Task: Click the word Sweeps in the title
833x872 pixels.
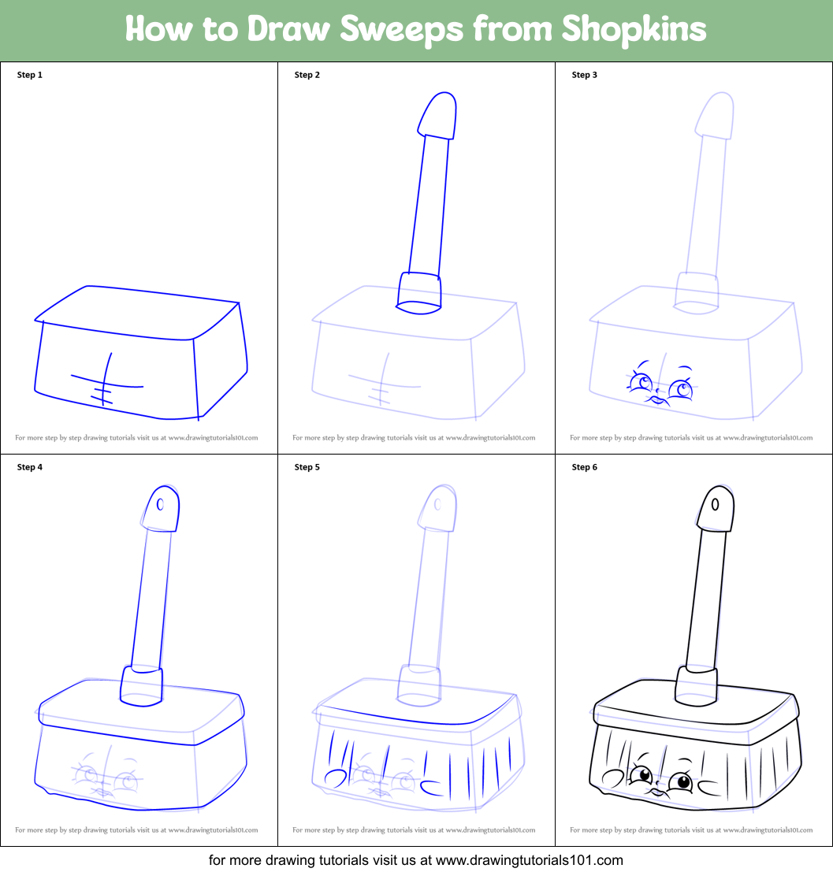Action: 401,30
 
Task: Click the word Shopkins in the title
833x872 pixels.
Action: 634,30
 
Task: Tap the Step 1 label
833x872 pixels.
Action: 30,76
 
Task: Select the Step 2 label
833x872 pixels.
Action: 307,76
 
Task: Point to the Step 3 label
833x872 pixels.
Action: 585,76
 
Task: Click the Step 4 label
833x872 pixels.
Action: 30,467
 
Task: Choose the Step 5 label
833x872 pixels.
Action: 307,467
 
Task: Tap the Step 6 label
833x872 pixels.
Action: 585,467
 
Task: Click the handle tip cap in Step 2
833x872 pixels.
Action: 437,114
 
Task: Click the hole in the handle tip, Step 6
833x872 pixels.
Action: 716,503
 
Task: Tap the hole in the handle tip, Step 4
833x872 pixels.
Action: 161,504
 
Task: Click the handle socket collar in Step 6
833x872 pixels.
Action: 697,684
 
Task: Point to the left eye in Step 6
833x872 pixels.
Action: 640,775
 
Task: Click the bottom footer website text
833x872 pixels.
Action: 416,859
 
